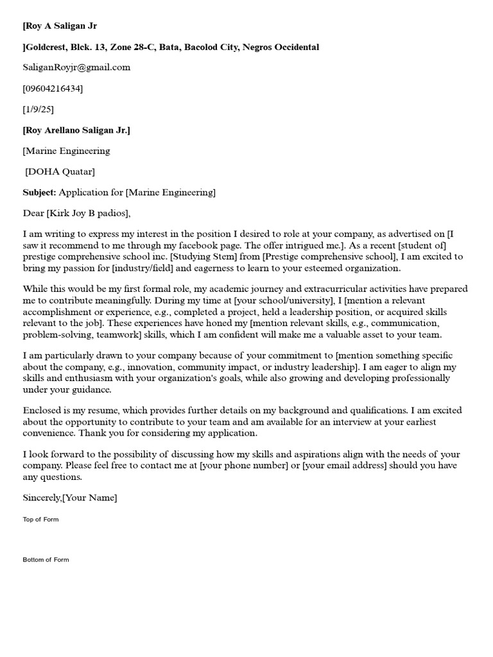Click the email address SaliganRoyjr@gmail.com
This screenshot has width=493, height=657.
pos(76,67)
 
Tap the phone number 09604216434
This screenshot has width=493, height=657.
pos(53,88)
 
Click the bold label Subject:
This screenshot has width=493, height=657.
pos(40,192)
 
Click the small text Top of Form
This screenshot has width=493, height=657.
pos(40,519)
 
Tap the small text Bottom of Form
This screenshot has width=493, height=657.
pos(46,559)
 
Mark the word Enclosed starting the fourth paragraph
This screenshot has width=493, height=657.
pos(42,410)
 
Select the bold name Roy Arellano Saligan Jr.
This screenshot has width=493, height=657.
pos(76,130)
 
